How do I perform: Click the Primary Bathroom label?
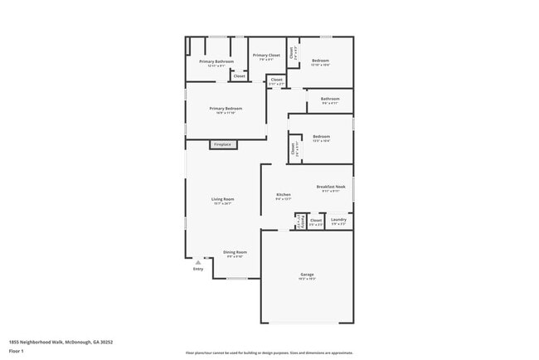point(216,62)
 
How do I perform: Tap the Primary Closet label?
point(266,56)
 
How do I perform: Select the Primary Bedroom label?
point(226,109)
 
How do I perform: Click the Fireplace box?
point(223,144)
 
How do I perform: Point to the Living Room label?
point(222,200)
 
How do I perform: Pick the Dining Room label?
point(235,253)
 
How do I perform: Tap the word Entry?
point(197,269)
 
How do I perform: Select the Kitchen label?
point(283,196)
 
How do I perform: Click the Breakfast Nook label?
point(331,188)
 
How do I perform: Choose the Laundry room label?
point(338,221)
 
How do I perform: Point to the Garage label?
point(307,275)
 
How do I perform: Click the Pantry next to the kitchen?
point(299,221)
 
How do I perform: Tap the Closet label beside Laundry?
point(316,221)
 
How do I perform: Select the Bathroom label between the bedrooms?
point(330,100)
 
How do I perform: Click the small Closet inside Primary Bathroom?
point(239,75)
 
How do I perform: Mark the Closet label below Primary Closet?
point(277,81)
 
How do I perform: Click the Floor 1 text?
point(17,351)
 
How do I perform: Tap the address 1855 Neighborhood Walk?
point(61,341)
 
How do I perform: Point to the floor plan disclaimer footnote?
point(269,352)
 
